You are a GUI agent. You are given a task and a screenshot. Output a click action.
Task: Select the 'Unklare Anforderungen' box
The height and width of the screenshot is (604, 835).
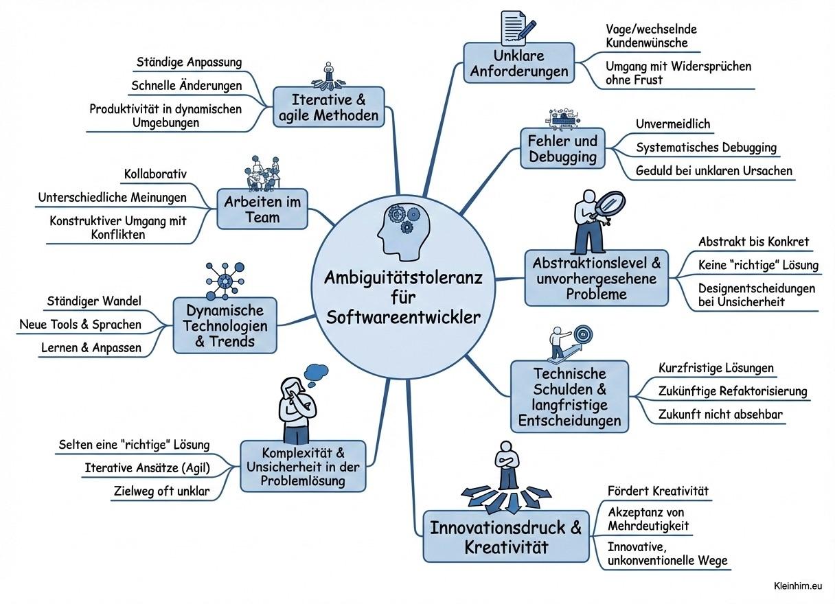[x=518, y=63]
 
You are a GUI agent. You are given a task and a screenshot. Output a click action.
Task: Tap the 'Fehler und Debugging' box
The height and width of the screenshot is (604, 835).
[x=562, y=148]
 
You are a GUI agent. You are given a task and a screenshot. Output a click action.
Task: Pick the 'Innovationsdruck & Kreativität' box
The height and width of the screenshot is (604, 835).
[x=505, y=536]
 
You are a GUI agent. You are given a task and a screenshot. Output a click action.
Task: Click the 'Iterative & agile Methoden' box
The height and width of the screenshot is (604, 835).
[x=329, y=107]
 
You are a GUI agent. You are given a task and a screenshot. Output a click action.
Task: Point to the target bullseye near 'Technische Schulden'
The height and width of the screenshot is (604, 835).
[x=583, y=334]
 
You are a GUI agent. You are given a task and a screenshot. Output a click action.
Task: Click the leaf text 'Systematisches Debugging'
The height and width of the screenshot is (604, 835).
[x=706, y=148]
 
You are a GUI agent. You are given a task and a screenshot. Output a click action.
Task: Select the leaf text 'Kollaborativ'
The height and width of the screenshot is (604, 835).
[x=155, y=174]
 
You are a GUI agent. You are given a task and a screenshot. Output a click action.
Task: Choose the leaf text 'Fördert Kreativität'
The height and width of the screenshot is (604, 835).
[x=658, y=491]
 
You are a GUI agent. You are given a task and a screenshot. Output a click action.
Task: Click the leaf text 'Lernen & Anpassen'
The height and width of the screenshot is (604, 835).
[x=91, y=347]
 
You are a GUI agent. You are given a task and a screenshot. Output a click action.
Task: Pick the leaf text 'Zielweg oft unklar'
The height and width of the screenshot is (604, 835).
[x=161, y=491]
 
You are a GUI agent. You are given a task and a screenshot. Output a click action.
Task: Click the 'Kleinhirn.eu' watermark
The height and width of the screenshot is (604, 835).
[x=797, y=585]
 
